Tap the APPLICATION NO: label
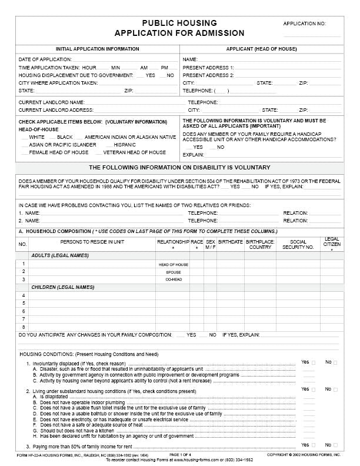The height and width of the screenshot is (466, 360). click(304, 24)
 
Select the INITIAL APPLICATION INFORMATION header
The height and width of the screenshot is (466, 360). click(97, 49)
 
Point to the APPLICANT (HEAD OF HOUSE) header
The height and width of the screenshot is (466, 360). click(262, 49)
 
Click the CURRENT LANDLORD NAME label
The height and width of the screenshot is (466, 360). click(52, 102)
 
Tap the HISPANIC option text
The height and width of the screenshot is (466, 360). click(125, 145)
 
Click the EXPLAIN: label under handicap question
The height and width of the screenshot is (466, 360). click(194, 155)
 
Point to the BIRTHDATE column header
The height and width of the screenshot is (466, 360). click(230, 241)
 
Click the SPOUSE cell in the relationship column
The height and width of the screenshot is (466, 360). click(173, 272)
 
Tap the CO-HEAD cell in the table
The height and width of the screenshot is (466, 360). click(173, 280)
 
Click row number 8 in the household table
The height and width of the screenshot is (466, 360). click(24, 326)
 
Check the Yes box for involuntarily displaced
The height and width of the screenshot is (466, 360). click(313, 362)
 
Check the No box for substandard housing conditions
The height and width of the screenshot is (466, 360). click(335, 390)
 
